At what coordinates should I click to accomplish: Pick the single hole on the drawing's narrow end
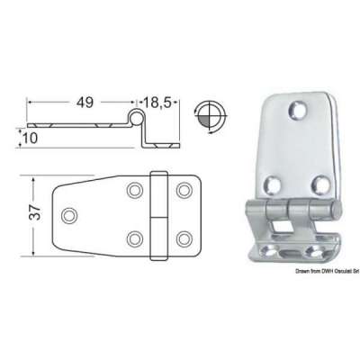(x=69, y=214)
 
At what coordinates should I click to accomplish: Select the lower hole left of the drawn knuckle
(x=135, y=238)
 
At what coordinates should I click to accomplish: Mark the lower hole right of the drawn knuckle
(x=184, y=238)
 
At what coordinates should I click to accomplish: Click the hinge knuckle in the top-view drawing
(x=160, y=214)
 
